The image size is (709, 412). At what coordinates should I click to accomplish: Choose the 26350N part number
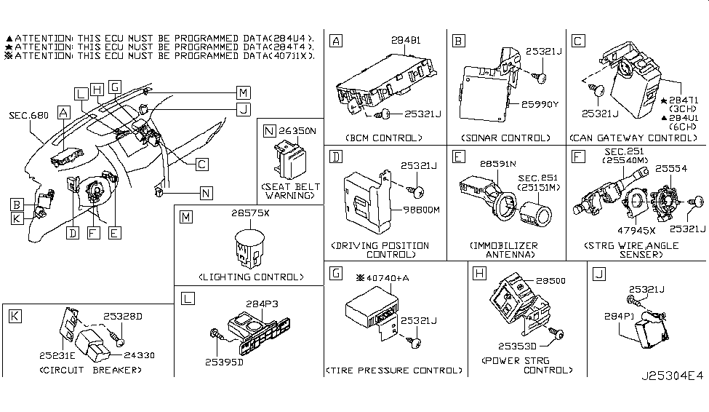(x=297, y=131)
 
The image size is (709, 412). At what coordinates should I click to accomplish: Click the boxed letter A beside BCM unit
(x=335, y=41)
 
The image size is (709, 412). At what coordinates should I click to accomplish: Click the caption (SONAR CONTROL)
(x=507, y=138)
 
